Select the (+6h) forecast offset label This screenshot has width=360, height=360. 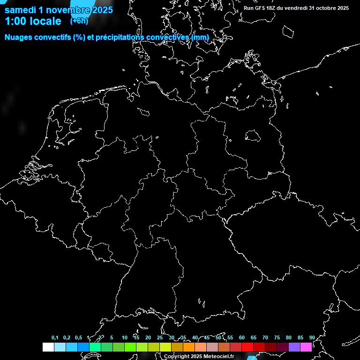pyautogui.click(x=79, y=21)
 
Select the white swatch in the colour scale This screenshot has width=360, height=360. pyautogui.click(x=48, y=347)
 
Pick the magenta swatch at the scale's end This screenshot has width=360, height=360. pyautogui.click(x=306, y=347)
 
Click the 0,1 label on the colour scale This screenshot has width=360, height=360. pyautogui.click(x=55, y=337)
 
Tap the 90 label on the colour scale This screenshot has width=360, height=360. pyautogui.click(x=312, y=337)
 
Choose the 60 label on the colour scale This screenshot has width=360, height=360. pyautogui.click(x=241, y=337)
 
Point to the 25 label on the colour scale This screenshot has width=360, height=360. pyautogui.click(x=159, y=337)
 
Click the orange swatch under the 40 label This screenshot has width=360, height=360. pyautogui.click(x=201, y=347)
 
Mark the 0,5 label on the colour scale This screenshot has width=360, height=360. pyautogui.click(x=78, y=337)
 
